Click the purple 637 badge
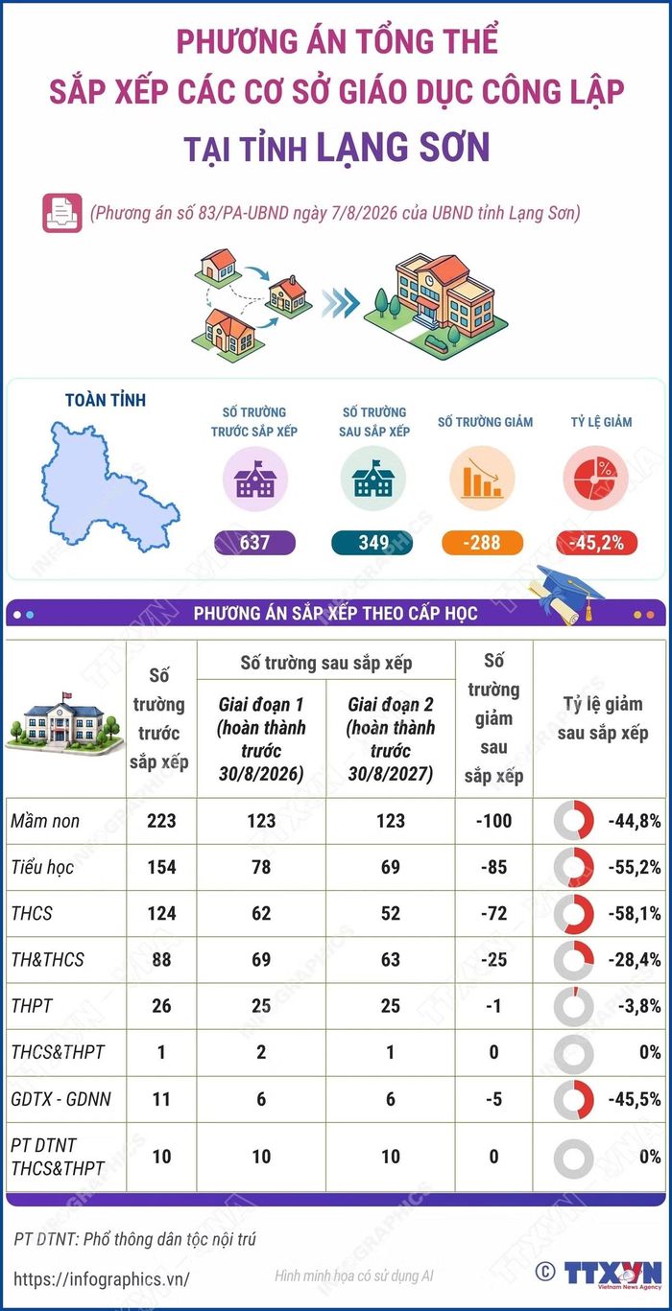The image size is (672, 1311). [x=254, y=543]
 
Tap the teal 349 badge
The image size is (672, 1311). [x=372, y=543]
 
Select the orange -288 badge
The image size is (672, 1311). [x=482, y=543]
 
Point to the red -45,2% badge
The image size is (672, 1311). [x=597, y=543]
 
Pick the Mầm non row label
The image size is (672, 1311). [x=45, y=821]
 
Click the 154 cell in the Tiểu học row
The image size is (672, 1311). [x=161, y=867]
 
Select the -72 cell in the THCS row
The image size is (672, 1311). [x=493, y=913]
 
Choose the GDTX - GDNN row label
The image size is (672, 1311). [x=60, y=1098]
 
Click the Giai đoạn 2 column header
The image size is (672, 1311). [x=390, y=739]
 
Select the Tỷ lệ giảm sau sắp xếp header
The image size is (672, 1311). [x=603, y=718]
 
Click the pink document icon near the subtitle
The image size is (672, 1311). [x=62, y=213]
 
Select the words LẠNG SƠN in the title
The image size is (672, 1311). [x=403, y=147]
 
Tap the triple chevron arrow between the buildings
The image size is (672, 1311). [x=341, y=303]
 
